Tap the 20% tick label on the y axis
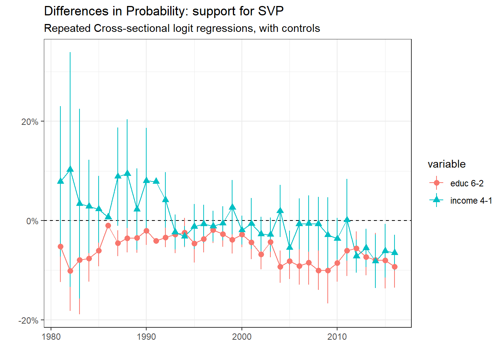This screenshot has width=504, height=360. point(30,122)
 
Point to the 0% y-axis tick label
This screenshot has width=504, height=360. point(32,221)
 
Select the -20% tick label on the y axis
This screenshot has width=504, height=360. point(28,321)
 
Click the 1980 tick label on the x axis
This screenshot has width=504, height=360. point(51,337)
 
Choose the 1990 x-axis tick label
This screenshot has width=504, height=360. point(146,337)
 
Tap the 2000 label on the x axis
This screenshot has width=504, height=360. point(241,337)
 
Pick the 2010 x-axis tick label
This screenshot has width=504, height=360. point(337,337)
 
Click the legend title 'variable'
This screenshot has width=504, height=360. point(446,164)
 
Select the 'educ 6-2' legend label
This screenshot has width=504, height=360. point(466,183)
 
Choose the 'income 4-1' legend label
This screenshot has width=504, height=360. point(471,201)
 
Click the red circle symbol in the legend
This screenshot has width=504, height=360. point(436,183)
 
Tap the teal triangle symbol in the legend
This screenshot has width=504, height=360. point(436,200)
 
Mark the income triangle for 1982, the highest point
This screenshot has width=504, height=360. point(70,169)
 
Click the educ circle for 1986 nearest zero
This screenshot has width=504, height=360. point(108,225)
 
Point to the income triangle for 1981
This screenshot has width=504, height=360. point(60,181)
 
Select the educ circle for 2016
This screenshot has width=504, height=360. point(394,267)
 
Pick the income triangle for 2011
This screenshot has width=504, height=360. point(347,220)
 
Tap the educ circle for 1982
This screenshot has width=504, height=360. point(70,271)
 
